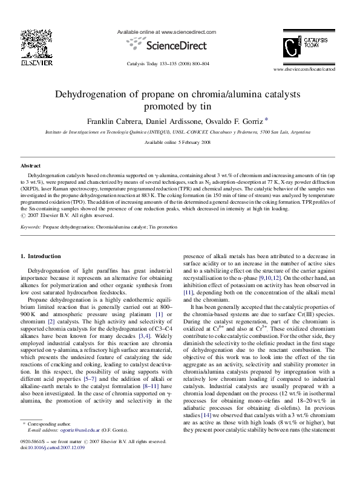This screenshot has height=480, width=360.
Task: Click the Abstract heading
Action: pos(30,165)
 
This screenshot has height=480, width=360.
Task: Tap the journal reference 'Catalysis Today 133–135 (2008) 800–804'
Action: pos(168,63)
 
